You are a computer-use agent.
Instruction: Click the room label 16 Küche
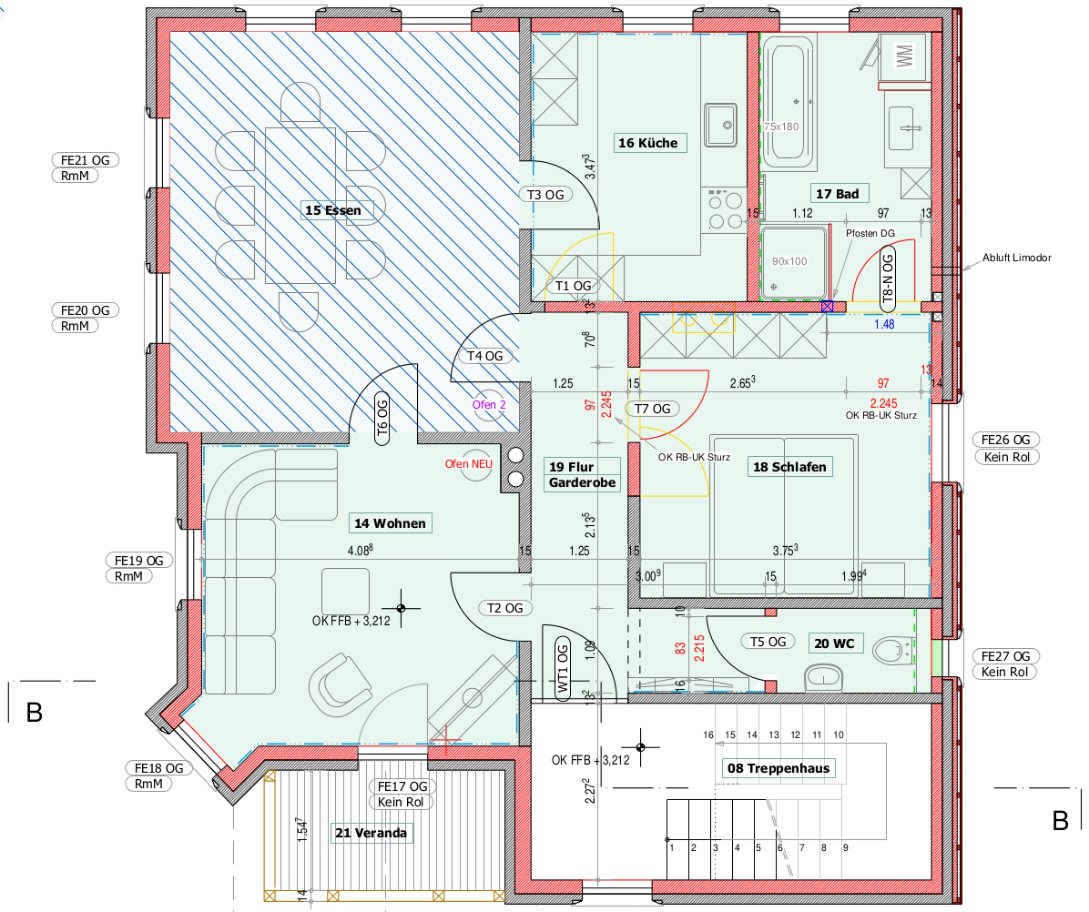(x=648, y=143)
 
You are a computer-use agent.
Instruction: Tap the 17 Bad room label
(x=838, y=194)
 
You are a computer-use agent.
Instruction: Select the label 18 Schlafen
(x=789, y=467)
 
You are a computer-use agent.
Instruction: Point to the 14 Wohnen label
(x=390, y=523)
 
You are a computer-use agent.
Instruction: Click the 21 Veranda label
(x=371, y=833)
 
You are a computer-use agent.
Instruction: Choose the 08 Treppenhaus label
(x=779, y=768)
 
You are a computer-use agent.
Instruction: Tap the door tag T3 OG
(x=546, y=195)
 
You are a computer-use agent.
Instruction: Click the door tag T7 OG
(x=653, y=409)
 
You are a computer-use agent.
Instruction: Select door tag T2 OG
(x=505, y=608)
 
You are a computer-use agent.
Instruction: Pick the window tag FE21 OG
(x=86, y=160)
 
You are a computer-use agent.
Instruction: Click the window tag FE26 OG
(x=1005, y=440)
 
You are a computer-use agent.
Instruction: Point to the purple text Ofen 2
(x=489, y=405)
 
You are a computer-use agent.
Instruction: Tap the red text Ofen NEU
(x=469, y=463)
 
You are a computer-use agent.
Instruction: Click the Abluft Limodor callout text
(x=1017, y=258)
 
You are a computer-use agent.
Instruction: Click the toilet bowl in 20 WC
(x=891, y=651)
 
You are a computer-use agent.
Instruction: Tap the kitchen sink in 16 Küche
(x=721, y=125)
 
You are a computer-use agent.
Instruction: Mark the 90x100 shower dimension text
(x=789, y=261)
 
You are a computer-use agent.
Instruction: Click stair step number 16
(x=708, y=735)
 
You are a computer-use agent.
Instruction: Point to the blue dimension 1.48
(x=884, y=324)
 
